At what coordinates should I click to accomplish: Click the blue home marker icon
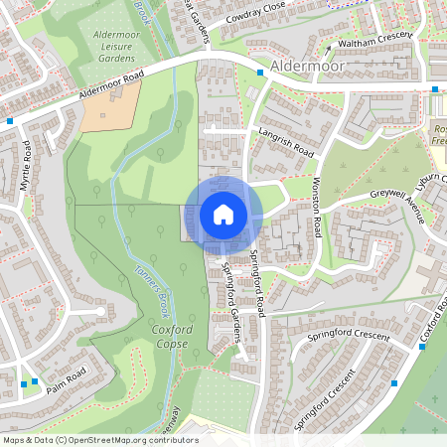[x=223, y=214]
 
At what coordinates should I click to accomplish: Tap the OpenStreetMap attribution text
[x=99, y=440]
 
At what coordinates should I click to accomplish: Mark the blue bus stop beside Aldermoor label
[x=261, y=72]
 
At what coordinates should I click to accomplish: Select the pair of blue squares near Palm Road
[x=29, y=382]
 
